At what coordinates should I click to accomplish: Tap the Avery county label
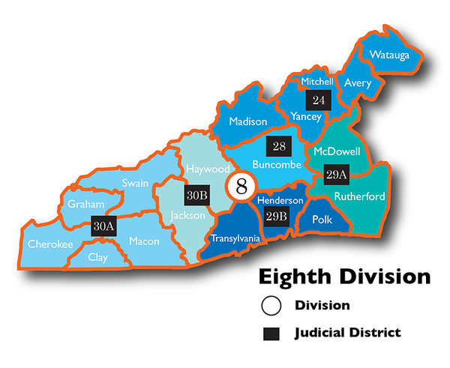click(x=358, y=83)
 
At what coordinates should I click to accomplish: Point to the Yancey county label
click(x=305, y=116)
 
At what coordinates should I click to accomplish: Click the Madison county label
click(x=247, y=121)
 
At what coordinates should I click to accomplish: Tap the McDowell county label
click(x=337, y=151)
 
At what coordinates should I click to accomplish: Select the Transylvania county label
click(x=235, y=238)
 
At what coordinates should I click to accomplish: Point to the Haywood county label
click(x=208, y=169)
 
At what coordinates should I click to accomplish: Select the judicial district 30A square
click(x=103, y=226)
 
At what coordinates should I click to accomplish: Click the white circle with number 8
click(x=241, y=186)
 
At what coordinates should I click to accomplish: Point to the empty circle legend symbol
click(x=271, y=306)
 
